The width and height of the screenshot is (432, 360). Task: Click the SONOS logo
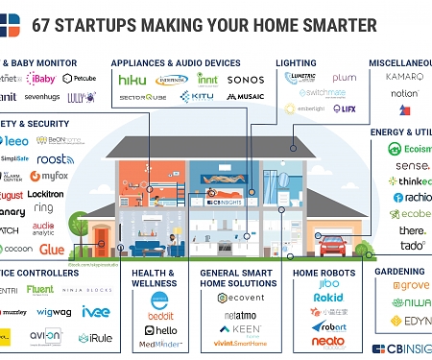245,79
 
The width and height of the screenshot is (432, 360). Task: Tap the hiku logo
132,79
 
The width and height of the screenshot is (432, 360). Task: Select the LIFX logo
345,108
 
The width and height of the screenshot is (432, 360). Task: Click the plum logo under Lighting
344,77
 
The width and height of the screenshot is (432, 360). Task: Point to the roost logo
57,158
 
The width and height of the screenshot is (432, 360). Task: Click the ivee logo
94,311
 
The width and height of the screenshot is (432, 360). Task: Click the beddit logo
159,314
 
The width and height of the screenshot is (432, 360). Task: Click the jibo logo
329,284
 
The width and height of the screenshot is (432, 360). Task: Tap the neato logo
329,341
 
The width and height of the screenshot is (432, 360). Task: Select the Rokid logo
329,298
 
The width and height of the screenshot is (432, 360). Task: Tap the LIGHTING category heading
296,62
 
